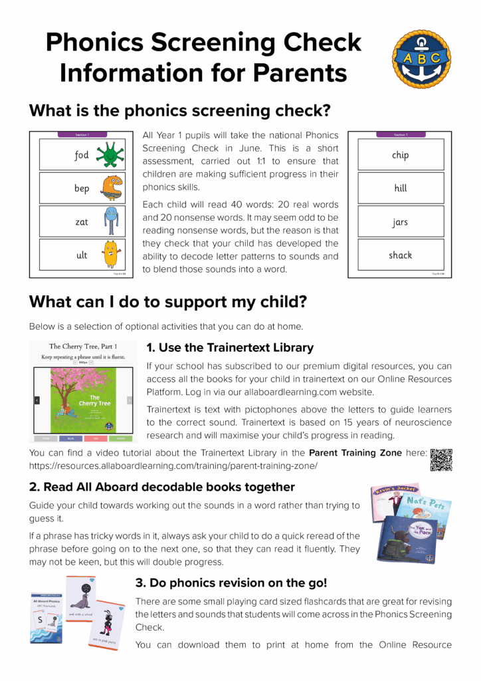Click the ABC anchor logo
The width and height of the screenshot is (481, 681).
click(421, 59)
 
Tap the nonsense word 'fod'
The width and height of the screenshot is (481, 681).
click(81, 155)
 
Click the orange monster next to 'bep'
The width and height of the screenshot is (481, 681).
click(112, 188)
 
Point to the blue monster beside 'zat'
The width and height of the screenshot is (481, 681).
click(110, 221)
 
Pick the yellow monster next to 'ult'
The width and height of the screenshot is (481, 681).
click(110, 254)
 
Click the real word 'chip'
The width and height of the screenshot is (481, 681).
click(400, 155)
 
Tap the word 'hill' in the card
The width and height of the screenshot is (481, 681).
click(400, 188)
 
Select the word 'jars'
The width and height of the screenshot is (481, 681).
click(400, 221)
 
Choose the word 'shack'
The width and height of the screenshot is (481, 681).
click(400, 255)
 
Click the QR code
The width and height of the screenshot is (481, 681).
click(441, 460)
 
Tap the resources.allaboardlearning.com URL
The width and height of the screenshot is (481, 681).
click(173, 466)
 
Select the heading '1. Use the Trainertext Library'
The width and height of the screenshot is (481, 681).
click(230, 348)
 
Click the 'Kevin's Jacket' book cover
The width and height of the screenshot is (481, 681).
click(392, 496)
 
